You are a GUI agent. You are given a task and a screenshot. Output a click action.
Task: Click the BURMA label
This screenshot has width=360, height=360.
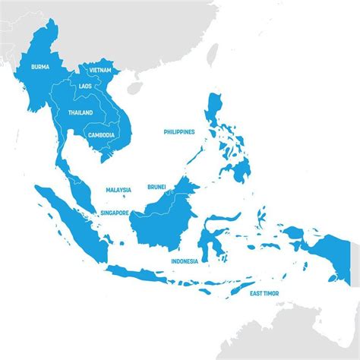click(40, 67)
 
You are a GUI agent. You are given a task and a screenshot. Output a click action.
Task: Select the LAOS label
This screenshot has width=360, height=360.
click(84, 86)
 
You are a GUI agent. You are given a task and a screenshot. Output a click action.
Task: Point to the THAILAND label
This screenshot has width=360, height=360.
click(80, 112)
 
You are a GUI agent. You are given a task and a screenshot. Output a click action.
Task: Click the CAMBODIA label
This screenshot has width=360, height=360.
click(101, 135)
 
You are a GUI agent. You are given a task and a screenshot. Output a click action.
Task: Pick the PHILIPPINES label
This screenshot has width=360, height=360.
click(179, 131)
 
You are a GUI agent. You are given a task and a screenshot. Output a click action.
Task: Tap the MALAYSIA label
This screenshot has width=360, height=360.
click(118, 190)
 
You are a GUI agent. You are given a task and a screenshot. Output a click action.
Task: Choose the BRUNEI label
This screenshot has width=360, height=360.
click(156, 185)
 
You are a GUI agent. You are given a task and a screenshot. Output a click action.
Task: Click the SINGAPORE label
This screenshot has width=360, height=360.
click(115, 213)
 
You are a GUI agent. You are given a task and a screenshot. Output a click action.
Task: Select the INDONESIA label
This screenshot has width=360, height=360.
click(185, 261)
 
